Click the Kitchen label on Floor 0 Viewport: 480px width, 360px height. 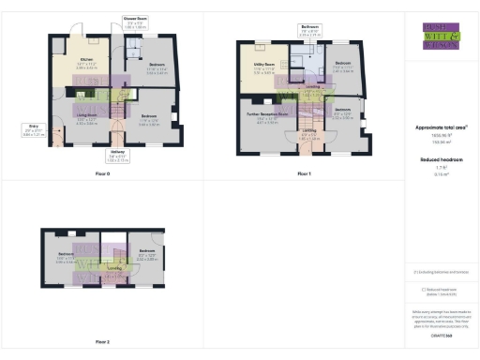(x=86, y=63)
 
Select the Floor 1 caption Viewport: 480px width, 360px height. (x=304, y=173)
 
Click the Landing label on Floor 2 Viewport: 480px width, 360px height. (x=113, y=269)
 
